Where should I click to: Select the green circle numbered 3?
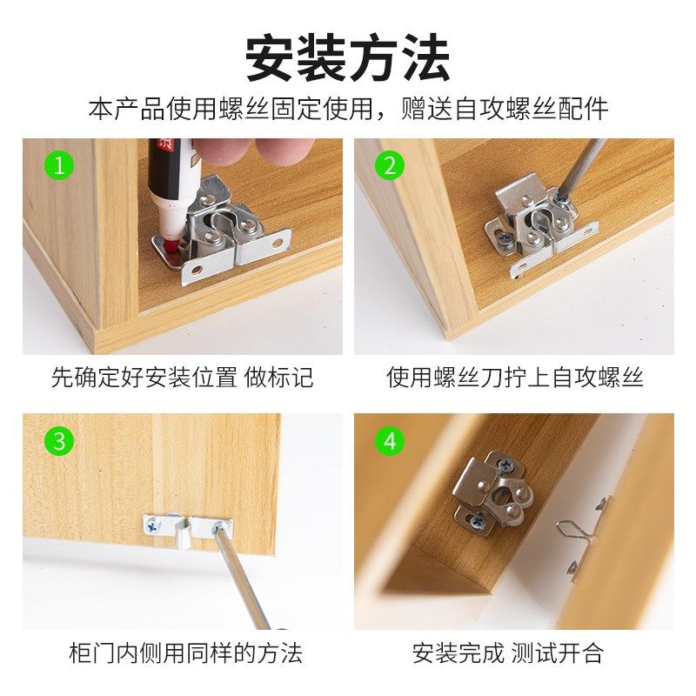[x=59, y=441]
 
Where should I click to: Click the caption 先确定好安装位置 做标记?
[x=183, y=378]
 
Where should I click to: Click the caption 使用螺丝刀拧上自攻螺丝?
[x=514, y=378]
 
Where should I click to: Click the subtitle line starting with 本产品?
[x=348, y=110]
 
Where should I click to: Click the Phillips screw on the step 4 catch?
[x=478, y=520]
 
